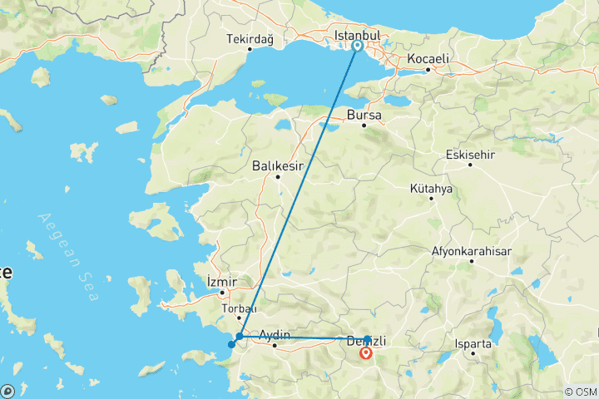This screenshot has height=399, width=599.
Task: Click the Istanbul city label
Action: point(356,36)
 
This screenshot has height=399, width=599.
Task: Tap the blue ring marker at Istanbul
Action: point(357,47)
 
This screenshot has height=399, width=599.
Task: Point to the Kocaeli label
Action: point(428,59)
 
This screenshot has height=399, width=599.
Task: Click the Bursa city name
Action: point(364,115)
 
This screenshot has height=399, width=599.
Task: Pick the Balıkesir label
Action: point(278,165)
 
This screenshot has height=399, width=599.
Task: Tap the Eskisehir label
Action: point(469,154)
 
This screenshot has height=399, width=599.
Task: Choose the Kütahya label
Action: point(431,189)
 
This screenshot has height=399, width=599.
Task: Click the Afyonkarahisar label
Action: point(471,250)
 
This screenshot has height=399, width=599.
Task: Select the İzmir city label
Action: point(221,282)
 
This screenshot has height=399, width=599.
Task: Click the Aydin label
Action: point(275,335)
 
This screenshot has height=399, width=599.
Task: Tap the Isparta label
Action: point(473,342)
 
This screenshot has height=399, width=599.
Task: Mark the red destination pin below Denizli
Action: point(366,353)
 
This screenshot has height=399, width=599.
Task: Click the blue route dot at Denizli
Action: point(367,339)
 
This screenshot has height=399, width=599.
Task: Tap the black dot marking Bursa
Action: point(364,126)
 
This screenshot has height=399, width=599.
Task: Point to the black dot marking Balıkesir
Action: point(278,176)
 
